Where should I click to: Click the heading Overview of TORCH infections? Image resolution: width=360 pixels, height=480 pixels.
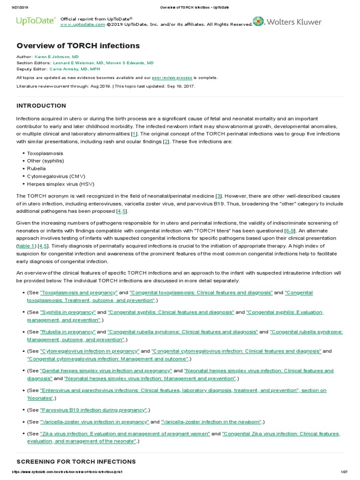(x=78, y=45)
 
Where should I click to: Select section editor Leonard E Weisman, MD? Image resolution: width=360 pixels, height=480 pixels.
(x=78, y=62)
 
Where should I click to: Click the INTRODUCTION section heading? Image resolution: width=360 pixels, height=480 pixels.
(x=41, y=105)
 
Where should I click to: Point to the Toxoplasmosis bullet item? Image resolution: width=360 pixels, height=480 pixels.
(x=45, y=153)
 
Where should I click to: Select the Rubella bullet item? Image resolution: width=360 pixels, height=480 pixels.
(x=37, y=169)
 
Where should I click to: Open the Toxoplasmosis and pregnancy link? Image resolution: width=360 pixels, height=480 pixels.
(x=79, y=292)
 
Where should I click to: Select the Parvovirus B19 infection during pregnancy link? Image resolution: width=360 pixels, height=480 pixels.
(x=94, y=410)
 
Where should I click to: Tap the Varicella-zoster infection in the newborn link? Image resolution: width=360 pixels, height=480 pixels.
(x=211, y=421)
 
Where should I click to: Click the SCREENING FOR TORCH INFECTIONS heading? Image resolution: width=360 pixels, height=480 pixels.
(x=76, y=462)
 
